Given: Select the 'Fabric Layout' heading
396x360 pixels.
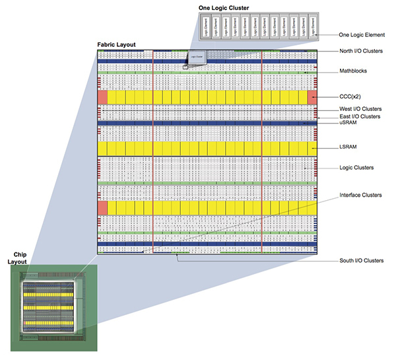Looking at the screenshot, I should tap(116, 45).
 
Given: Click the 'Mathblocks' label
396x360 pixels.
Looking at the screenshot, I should tap(354, 71).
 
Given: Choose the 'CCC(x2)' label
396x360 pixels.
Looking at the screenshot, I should tap(351, 96).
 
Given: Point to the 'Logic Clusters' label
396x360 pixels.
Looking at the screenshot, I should tap(356, 168).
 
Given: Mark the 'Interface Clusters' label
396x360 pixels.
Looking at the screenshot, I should tap(360, 196).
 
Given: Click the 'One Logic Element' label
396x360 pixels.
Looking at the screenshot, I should tap(361, 34).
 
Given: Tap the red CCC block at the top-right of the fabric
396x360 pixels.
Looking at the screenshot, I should tap(312, 97).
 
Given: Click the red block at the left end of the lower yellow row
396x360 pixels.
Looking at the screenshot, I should tap(102, 209).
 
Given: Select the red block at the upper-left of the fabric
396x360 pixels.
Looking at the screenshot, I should tap(102, 97).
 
